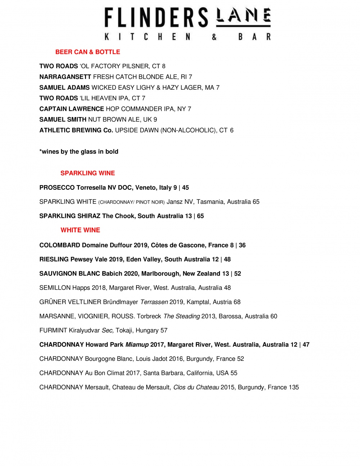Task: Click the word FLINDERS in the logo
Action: coord(156,18)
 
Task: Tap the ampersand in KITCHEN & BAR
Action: coord(214,37)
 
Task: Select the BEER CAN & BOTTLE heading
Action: coord(87,52)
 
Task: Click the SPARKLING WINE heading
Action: coord(87,173)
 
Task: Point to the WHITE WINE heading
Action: coord(80,230)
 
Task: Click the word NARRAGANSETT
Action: coord(65,77)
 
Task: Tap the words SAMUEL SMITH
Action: coord(63,120)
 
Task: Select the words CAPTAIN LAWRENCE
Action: coord(72,109)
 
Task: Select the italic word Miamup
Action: coord(137,345)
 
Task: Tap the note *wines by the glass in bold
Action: coord(79,152)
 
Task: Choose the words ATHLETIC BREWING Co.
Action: coord(76,130)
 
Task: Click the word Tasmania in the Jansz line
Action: coord(210,202)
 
